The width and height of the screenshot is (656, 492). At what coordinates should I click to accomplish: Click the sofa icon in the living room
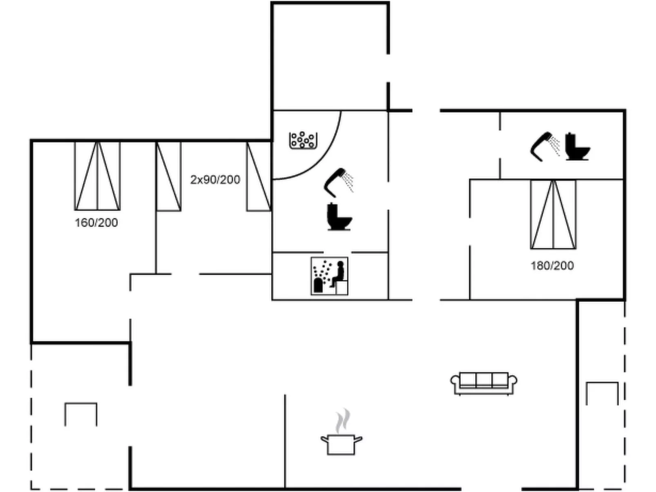click(484, 383)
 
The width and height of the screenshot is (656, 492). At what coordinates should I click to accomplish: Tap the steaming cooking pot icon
click(341, 443)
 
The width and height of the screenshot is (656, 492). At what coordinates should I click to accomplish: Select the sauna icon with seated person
click(329, 276)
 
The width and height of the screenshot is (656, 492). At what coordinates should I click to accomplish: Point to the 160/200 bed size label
click(96, 223)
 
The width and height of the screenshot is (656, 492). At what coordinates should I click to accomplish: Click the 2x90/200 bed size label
click(215, 180)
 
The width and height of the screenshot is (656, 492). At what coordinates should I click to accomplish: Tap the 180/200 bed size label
click(552, 266)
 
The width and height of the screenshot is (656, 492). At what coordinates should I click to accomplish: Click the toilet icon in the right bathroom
click(577, 147)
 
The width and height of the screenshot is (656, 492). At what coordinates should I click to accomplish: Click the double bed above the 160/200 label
click(97, 176)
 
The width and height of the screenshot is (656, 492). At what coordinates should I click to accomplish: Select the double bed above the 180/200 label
click(553, 214)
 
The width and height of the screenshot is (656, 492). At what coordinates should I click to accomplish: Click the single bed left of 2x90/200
click(168, 176)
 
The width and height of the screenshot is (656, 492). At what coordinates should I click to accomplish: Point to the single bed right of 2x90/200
click(258, 176)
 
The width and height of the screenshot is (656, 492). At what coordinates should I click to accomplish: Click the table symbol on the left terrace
click(81, 413)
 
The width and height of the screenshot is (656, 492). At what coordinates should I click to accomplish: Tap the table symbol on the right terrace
click(602, 392)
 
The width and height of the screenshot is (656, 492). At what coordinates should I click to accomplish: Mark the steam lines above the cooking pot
click(343, 421)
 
